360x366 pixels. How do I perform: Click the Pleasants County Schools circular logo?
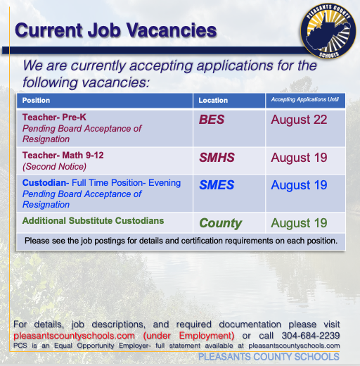pyautogui.click(x=328, y=31)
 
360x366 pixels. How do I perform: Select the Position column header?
pyautogui.click(x=36, y=101)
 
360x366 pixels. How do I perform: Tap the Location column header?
pyautogui.click(x=213, y=101)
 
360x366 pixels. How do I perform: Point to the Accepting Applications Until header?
pyautogui.click(x=305, y=99)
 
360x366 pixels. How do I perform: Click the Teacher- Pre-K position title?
pyautogui.click(x=54, y=117)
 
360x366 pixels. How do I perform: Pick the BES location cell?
pyautogui.click(x=212, y=120)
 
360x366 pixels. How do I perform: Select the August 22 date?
pyautogui.click(x=299, y=120)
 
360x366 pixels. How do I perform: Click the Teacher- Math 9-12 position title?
pyautogui.click(x=63, y=155)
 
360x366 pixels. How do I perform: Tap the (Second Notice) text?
pyautogui.click(x=54, y=167)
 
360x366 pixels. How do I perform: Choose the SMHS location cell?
pyautogui.click(x=217, y=158)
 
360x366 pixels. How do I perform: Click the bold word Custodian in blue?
pyautogui.click(x=44, y=183)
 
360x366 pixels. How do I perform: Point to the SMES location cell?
pyautogui.click(x=217, y=185)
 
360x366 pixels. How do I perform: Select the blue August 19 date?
pyautogui.click(x=299, y=185)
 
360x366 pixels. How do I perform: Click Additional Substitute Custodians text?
pyautogui.click(x=93, y=221)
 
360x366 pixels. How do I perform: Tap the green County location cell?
pyautogui.click(x=221, y=223)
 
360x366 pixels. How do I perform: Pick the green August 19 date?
pyautogui.click(x=299, y=223)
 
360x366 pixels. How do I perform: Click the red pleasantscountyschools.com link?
pyautogui.click(x=74, y=336)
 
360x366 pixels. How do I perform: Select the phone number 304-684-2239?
pyautogui.click(x=311, y=336)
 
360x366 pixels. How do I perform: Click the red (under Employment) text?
pyautogui.click(x=188, y=336)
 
